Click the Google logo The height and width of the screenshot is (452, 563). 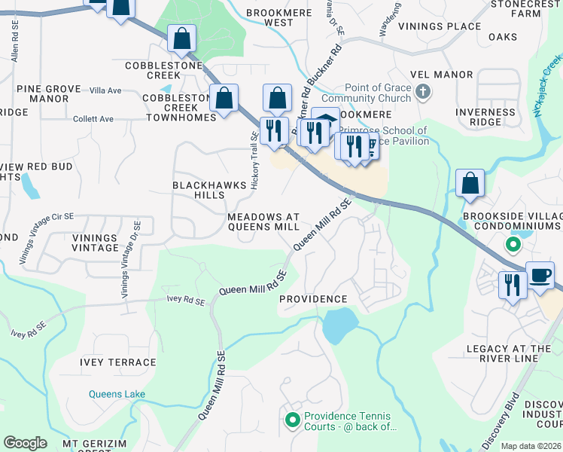click(x=26, y=443)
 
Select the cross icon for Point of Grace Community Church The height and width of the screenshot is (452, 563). click(x=423, y=92)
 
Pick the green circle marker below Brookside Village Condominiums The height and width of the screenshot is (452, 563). click(x=513, y=244)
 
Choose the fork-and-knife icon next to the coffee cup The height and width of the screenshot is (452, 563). click(x=512, y=285)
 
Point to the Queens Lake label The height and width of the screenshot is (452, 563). click(x=116, y=394)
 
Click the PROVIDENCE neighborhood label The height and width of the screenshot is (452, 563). click(x=313, y=299)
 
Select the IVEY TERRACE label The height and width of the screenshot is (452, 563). click(x=118, y=362)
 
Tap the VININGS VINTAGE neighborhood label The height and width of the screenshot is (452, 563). click(x=96, y=243)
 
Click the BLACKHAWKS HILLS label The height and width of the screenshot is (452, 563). click(x=199, y=190)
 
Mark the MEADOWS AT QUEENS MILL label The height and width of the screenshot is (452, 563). click(x=263, y=221)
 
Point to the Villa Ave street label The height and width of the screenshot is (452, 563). click(x=105, y=90)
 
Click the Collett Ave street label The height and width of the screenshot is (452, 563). click(x=93, y=119)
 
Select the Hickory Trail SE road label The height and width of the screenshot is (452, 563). click(x=254, y=159)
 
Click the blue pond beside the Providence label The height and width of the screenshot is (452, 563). click(x=339, y=325)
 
